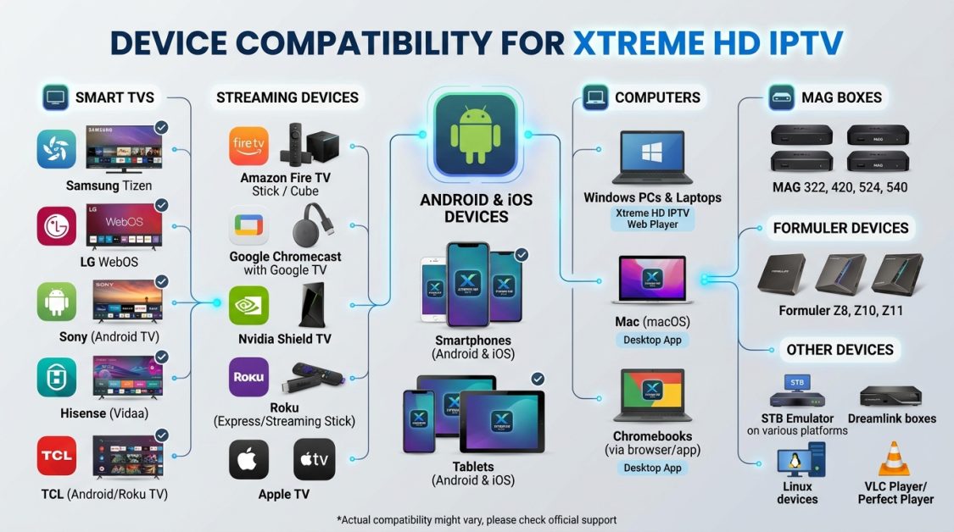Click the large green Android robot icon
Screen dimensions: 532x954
coord(475,134)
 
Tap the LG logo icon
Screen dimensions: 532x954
coord(57,226)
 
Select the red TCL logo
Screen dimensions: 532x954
coord(57,457)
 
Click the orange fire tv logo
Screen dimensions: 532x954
coord(249,146)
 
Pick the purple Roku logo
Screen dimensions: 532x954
coord(249,377)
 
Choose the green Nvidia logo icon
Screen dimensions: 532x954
coord(249,305)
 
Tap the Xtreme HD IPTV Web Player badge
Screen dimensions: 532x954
coord(652,219)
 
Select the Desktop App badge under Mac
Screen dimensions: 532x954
coord(652,341)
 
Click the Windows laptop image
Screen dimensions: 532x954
coord(652,158)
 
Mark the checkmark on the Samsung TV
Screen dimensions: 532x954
coord(161,128)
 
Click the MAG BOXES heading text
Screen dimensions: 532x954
coord(841,97)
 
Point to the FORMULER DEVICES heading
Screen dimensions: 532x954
coord(840,228)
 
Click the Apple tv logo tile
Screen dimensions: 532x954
coord(314,460)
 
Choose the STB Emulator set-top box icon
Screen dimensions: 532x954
coord(796,392)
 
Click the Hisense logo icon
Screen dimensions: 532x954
coord(57,377)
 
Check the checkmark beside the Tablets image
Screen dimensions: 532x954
coord(538,379)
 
